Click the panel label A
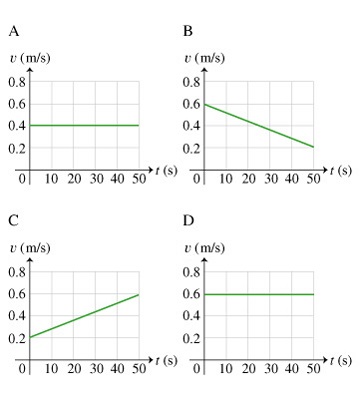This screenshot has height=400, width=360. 14,31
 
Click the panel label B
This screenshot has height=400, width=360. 188,31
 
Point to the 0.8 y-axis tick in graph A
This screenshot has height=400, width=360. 17,81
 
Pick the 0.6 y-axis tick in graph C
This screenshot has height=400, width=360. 17,294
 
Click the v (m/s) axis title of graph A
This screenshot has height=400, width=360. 29,57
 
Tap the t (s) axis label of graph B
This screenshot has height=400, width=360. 340,171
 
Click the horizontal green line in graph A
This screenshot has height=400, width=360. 85,125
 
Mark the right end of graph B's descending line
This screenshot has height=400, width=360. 314,148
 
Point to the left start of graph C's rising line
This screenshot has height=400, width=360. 31,337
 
